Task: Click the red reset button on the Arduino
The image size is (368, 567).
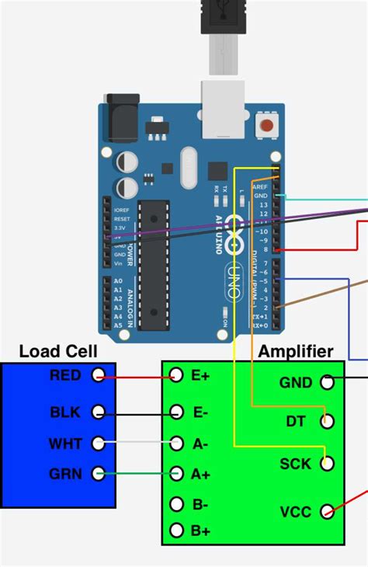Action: click(x=268, y=124)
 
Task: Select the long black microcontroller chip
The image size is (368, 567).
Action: click(x=153, y=261)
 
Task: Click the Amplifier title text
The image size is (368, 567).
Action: click(x=295, y=352)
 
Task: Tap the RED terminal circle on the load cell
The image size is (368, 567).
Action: click(x=98, y=376)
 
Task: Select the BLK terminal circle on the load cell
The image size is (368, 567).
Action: click(x=98, y=412)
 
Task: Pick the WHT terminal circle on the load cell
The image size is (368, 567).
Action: click(x=98, y=444)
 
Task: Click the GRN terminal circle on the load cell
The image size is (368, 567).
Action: click(x=98, y=472)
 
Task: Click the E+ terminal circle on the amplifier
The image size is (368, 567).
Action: click(x=177, y=376)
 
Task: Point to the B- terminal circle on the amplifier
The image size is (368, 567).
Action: click(x=177, y=504)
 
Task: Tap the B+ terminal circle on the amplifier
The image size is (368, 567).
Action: click(x=177, y=530)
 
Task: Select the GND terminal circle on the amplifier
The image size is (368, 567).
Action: click(x=327, y=382)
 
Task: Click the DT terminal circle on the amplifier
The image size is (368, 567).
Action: click(x=327, y=421)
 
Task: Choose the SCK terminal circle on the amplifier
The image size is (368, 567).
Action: click(x=327, y=464)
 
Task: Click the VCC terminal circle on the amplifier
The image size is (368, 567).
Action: click(x=327, y=511)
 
